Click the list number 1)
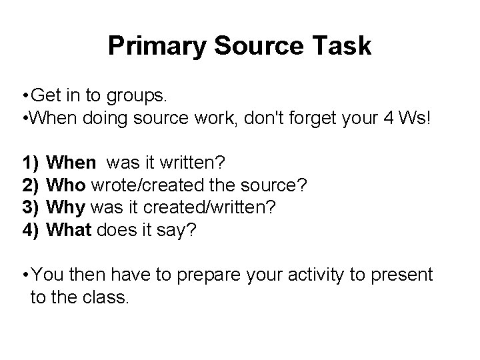[29, 162]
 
